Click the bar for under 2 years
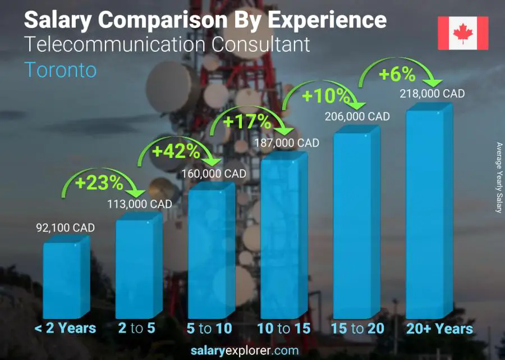tap(65, 278)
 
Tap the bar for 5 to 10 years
tap(210, 253)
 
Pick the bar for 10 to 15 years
tap(282, 236)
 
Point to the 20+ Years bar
tap(428, 213)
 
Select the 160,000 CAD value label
tap(214, 174)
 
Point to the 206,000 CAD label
tap(357, 117)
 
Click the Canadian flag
tap(463, 33)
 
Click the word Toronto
tap(61, 70)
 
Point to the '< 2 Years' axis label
tap(65, 329)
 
